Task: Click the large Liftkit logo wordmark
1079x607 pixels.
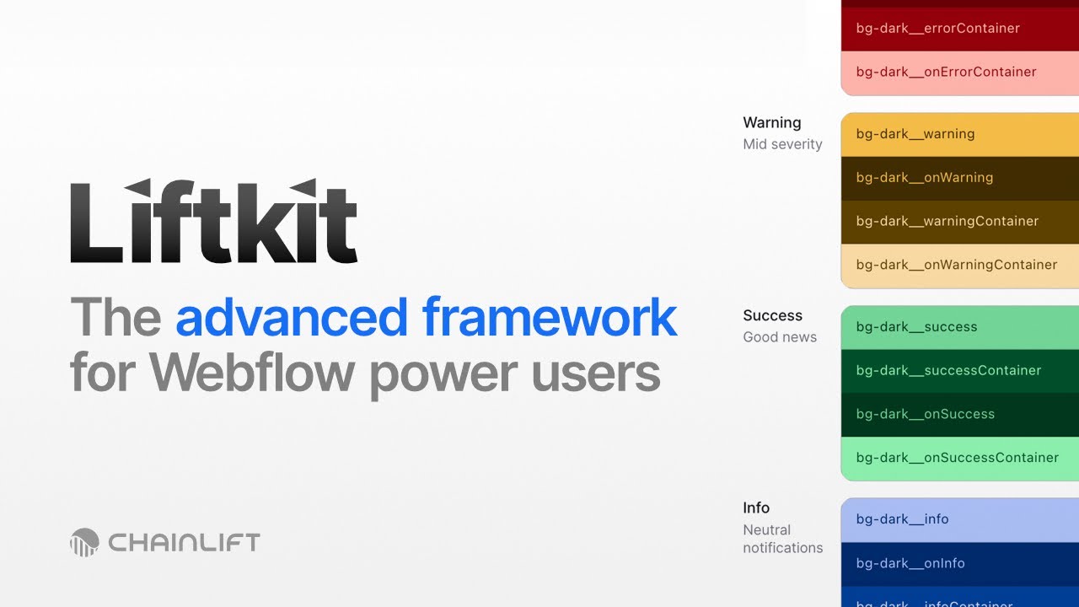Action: tap(213, 222)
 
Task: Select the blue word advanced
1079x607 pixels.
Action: tap(291, 318)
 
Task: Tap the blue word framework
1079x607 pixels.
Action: tap(550, 318)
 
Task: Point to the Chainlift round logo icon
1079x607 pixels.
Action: tap(84, 542)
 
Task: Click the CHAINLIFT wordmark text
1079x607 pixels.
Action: tap(184, 542)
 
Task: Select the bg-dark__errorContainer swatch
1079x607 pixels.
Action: tap(959, 29)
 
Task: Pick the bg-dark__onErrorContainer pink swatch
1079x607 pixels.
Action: tap(959, 73)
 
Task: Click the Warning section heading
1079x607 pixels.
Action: tap(771, 123)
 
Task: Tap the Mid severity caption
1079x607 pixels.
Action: tap(782, 144)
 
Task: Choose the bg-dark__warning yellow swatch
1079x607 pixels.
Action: tap(959, 134)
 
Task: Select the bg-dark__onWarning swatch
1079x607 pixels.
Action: tap(959, 178)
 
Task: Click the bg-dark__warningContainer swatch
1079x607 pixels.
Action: tap(959, 222)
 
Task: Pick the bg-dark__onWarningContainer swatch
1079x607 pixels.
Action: tap(959, 266)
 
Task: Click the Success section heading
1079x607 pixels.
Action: tap(772, 316)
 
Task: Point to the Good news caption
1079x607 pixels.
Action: tap(780, 337)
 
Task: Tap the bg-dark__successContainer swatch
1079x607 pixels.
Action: tap(959, 371)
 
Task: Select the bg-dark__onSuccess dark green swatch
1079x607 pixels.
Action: tap(959, 415)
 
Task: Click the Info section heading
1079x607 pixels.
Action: tap(756, 508)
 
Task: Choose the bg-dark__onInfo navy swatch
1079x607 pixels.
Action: tap(959, 563)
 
